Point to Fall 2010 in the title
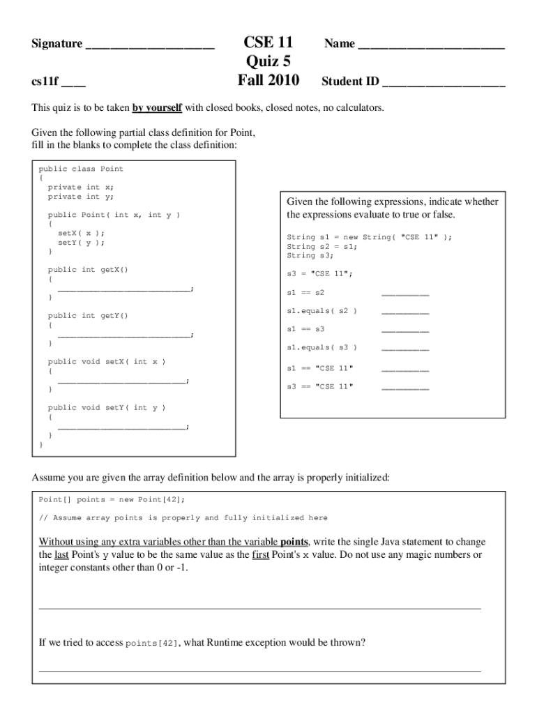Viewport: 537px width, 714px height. (x=268, y=81)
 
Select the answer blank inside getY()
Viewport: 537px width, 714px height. (x=123, y=335)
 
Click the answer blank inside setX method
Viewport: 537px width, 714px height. (x=122, y=381)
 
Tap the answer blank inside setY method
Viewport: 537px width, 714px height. (x=122, y=427)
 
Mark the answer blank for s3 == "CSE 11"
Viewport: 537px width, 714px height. (x=405, y=388)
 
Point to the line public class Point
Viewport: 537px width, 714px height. (x=81, y=169)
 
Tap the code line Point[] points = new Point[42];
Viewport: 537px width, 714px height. (x=112, y=500)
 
